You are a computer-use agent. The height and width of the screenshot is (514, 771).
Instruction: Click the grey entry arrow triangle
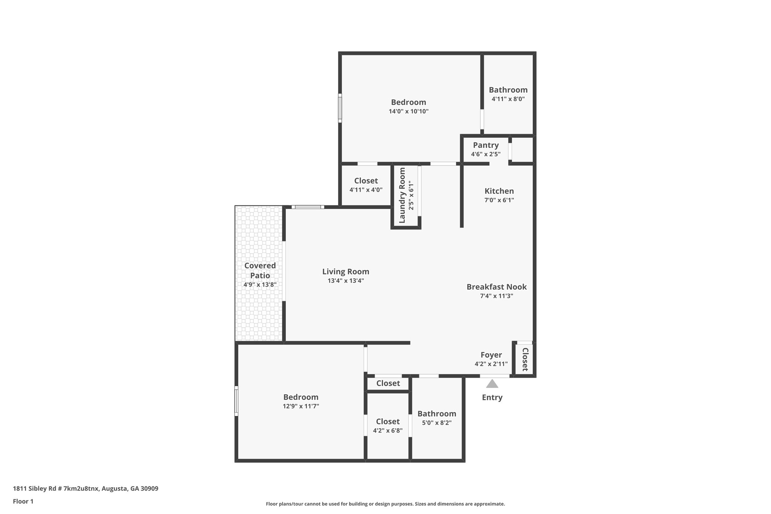(492, 384)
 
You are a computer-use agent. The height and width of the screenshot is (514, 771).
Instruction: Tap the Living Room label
(346, 271)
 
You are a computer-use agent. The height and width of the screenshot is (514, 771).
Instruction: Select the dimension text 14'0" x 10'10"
(408, 111)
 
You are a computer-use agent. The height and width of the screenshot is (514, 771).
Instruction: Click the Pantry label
(486, 145)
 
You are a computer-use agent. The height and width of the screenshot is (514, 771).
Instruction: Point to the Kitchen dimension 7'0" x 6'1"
(499, 200)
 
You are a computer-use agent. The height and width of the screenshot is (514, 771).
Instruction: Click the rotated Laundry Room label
(402, 195)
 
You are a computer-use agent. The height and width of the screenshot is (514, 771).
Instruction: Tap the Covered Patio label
(260, 270)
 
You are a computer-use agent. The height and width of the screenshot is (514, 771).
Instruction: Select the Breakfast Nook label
(497, 287)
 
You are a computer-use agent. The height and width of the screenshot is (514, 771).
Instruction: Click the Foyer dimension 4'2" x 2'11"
(491, 364)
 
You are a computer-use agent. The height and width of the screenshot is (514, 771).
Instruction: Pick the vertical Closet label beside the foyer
(525, 359)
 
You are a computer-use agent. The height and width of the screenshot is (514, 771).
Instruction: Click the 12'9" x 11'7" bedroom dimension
(301, 406)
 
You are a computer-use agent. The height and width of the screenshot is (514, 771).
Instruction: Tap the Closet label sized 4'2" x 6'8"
(388, 421)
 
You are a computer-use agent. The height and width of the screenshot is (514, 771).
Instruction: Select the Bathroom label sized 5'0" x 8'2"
(437, 413)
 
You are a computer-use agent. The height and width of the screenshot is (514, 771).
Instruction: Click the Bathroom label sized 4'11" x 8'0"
(508, 90)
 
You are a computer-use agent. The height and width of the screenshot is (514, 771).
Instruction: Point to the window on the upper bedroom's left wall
(340, 108)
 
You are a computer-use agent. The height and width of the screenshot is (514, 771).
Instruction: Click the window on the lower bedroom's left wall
(236, 401)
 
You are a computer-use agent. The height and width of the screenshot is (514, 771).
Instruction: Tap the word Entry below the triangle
(492, 397)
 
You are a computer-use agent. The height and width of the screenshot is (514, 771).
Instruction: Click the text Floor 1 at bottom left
(23, 501)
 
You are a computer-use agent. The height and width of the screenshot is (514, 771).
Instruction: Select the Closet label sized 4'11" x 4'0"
(366, 181)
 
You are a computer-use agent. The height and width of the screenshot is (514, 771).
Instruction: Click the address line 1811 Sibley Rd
(85, 488)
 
